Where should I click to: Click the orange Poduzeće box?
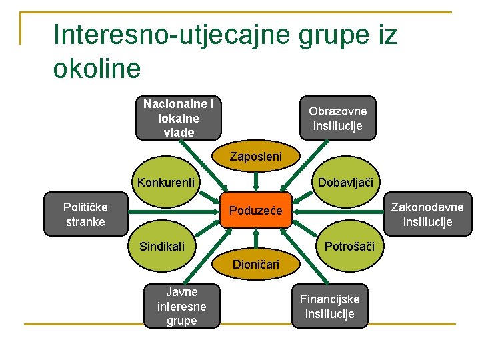pos(256,211)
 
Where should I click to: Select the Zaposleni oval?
pos(256,157)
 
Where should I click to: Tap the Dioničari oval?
pos(256,265)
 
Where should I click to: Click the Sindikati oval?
pos(162,247)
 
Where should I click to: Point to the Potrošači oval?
pos(349,247)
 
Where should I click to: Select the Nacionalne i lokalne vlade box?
pos(179,119)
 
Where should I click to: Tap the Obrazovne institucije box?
pos(337,118)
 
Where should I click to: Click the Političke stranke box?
pos(85,214)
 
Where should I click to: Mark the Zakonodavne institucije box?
pos(427,214)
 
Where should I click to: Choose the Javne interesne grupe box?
pos(181,307)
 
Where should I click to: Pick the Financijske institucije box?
pos(329,307)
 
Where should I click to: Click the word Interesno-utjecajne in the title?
pos(167,35)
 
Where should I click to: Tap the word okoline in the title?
pos(97,67)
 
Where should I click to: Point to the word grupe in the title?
pos(327,35)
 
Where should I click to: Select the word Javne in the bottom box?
pos(182,292)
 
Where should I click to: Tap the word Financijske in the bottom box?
pos(329,299)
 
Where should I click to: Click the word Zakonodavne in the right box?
pos(427,207)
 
